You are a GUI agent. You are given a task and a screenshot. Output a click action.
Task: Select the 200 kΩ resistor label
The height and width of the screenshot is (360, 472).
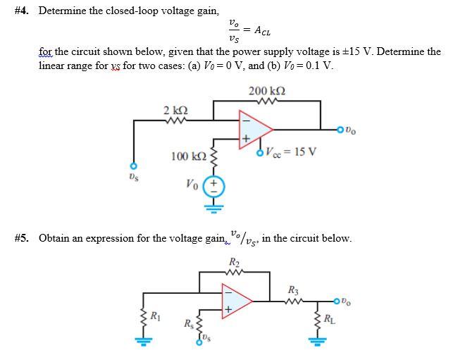267,91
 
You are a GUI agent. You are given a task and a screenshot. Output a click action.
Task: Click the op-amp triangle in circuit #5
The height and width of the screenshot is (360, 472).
235,299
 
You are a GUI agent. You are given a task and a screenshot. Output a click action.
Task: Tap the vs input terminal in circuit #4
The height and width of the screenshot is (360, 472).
130,167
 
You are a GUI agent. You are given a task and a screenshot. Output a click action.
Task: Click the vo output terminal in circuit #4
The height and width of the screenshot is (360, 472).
342,129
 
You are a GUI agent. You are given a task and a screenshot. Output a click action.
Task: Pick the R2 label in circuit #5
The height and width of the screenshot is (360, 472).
234,263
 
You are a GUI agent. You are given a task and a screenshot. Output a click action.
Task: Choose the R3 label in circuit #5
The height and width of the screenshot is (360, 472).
293,289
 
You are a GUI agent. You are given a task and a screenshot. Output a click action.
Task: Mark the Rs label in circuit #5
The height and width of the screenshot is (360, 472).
189,325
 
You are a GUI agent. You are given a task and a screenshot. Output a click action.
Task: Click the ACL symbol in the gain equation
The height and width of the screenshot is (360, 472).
261,31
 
